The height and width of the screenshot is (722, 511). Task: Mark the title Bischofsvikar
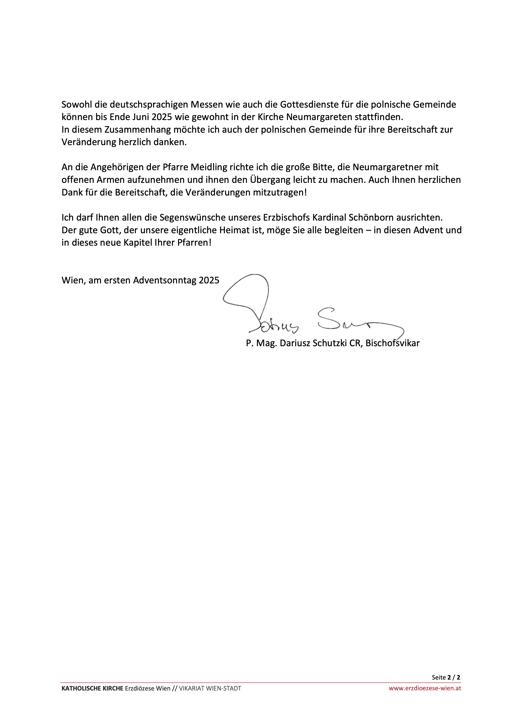point(392,343)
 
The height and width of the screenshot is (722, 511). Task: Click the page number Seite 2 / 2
point(446,677)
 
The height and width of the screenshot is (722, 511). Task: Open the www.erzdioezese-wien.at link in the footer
point(425,688)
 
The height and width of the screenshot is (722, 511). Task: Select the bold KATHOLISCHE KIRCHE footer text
point(92,688)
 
